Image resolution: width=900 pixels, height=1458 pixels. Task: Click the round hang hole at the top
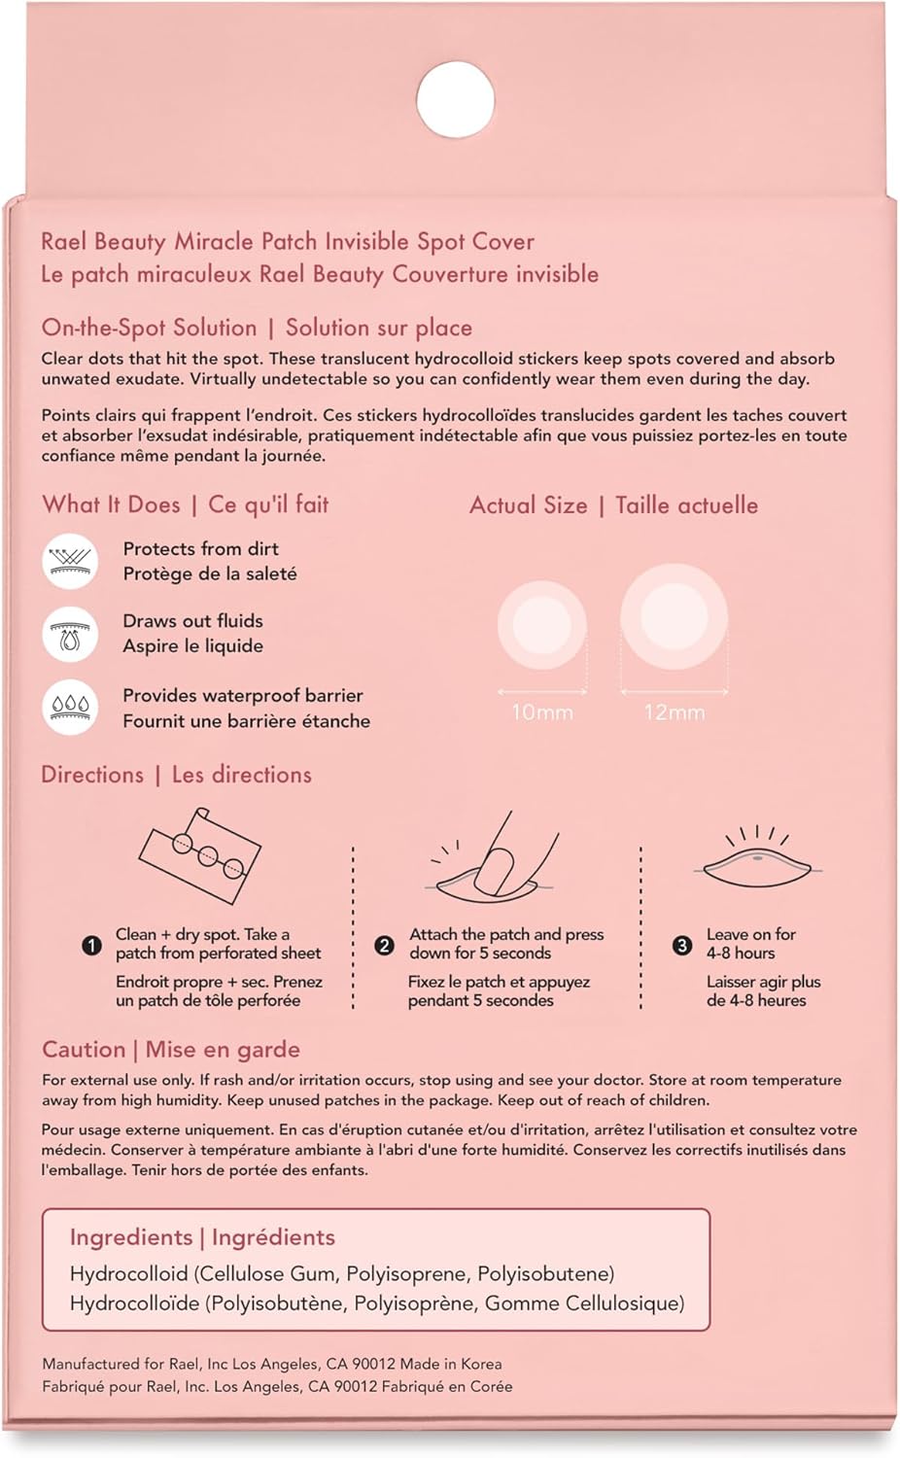(455, 99)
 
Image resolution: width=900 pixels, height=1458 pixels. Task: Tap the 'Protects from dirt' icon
(70, 561)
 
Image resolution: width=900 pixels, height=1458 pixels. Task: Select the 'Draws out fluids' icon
(70, 634)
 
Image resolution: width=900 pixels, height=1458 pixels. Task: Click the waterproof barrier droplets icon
(70, 707)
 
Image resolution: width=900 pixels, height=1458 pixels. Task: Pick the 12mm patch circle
(674, 617)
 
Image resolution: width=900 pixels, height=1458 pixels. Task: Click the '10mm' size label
(541, 712)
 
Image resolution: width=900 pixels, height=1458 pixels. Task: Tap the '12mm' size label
(674, 712)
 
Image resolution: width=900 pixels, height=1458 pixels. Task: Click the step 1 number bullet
(92, 945)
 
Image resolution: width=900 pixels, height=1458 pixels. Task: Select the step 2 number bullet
(385, 945)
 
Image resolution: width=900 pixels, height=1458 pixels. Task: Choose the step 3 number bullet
(682, 945)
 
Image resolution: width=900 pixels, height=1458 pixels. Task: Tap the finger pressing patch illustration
(496, 855)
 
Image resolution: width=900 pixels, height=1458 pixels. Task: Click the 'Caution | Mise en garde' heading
(171, 1050)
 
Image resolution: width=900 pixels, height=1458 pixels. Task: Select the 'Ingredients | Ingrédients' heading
(202, 1237)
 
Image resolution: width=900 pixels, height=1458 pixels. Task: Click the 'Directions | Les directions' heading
(176, 775)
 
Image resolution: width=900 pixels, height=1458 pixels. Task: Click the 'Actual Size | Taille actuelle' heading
(613, 505)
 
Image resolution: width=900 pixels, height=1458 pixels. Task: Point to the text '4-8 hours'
(741, 954)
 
